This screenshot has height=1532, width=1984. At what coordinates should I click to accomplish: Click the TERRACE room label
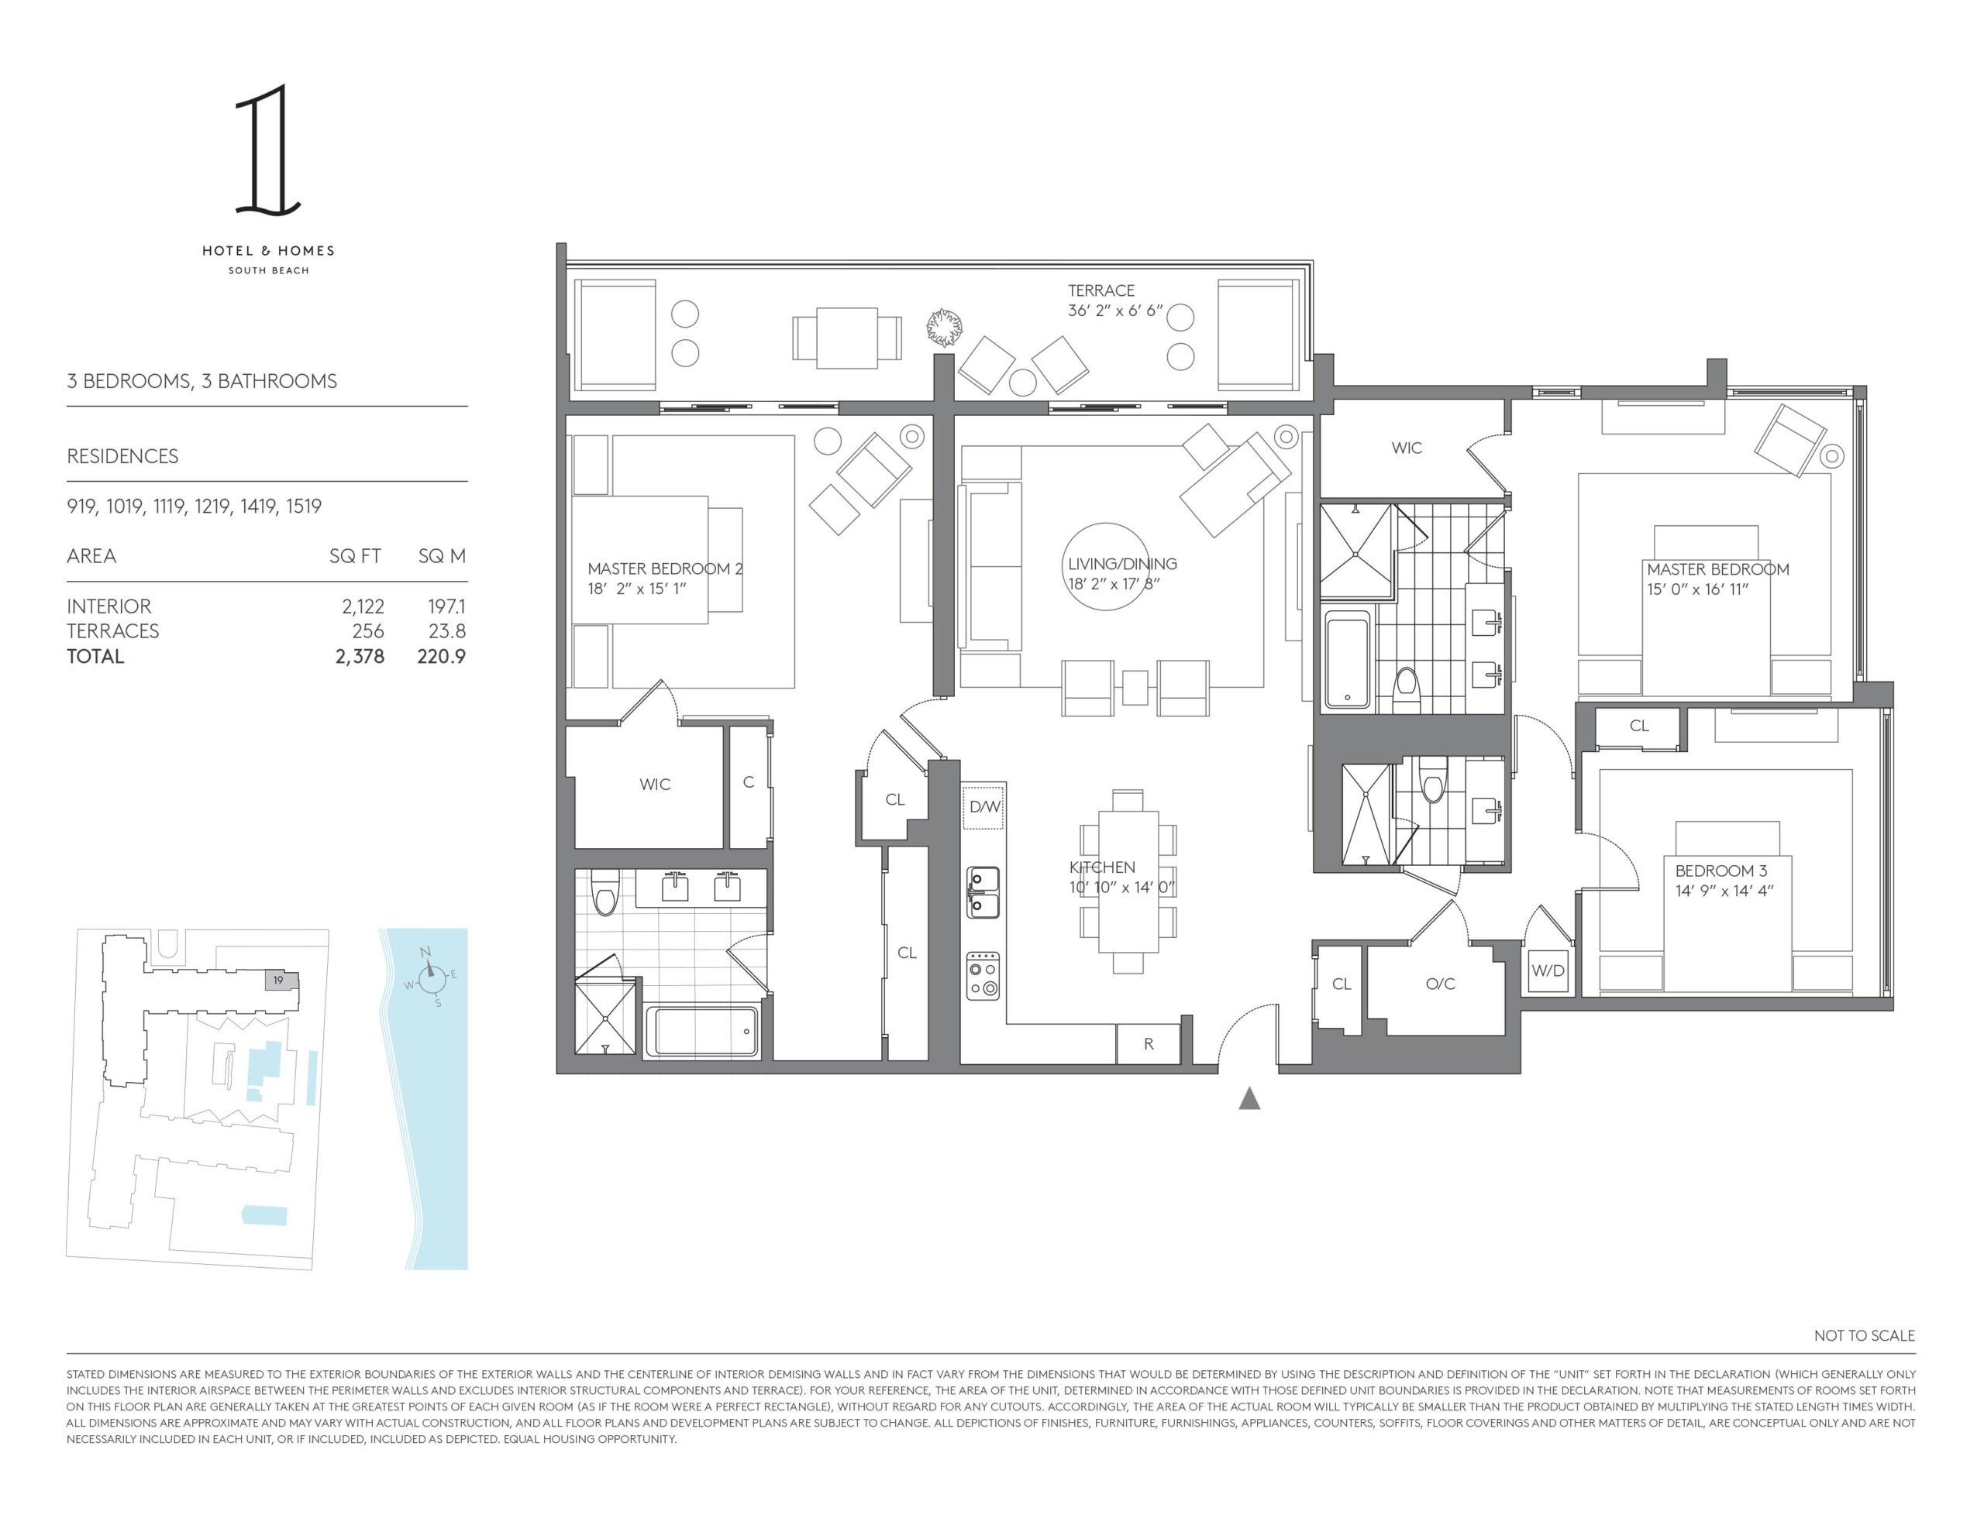tap(1101, 290)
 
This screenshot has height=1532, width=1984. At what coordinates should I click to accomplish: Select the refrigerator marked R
tap(1149, 1044)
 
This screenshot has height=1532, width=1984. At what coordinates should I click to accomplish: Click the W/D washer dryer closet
tap(1548, 970)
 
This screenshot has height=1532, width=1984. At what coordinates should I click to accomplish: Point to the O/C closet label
tap(1441, 984)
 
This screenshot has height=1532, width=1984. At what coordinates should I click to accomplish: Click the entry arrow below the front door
tap(1249, 1099)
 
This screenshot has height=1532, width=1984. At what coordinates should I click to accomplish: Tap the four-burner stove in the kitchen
tap(983, 975)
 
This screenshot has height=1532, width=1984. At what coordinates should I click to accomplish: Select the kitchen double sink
tap(983, 891)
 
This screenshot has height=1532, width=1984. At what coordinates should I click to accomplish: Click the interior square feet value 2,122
tap(363, 606)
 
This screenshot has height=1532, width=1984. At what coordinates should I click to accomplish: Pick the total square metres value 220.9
tap(442, 657)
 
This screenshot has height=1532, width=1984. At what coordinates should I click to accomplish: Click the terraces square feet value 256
tap(368, 631)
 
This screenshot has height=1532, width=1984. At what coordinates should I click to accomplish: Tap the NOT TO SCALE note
tap(1864, 1336)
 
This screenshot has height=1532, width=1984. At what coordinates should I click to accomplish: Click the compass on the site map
tap(433, 977)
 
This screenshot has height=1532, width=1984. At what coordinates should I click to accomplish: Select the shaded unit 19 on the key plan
tap(281, 980)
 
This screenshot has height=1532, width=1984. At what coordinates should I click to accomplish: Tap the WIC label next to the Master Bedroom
tap(1407, 448)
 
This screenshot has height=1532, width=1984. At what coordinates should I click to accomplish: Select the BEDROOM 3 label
tap(1721, 871)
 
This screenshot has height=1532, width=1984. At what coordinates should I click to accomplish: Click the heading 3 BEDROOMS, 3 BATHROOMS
tap(201, 381)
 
